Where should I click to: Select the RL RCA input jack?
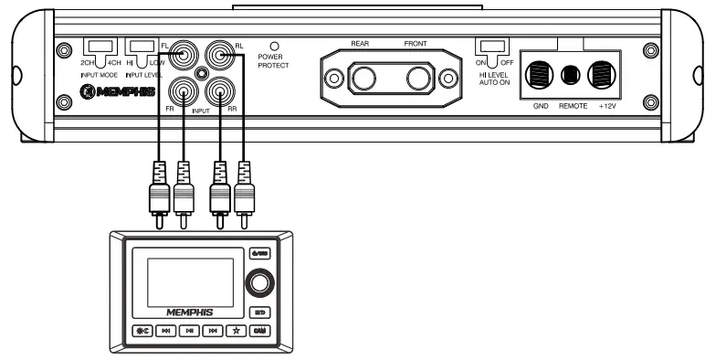point(219,56)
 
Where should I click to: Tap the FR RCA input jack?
point(184,91)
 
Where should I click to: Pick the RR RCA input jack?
point(219,91)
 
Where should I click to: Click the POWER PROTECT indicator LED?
point(272,45)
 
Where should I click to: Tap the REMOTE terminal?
point(573,74)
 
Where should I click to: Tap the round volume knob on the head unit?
point(258,283)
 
